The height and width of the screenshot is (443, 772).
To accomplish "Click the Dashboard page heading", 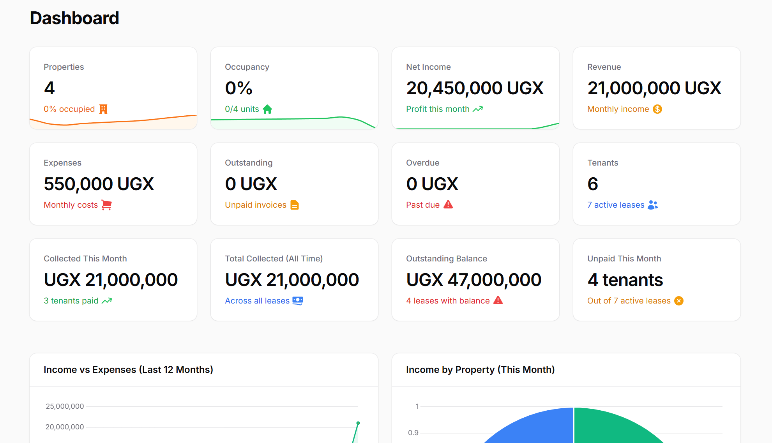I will (x=74, y=18).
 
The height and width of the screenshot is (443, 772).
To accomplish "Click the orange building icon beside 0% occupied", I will (x=103, y=109).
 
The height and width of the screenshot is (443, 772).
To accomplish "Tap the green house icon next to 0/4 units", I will (x=267, y=109).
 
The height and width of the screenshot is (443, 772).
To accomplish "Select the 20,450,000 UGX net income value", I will (x=475, y=88).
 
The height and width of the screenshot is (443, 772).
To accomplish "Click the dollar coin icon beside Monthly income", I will (x=657, y=109).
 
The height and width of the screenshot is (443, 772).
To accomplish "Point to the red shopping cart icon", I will (x=106, y=205).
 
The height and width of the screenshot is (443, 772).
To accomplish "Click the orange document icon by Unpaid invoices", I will (x=295, y=205).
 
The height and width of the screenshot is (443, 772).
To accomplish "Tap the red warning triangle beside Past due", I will (x=448, y=205).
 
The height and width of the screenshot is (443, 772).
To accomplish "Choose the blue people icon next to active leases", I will (x=653, y=205).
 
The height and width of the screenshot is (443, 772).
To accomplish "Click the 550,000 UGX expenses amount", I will (x=99, y=184).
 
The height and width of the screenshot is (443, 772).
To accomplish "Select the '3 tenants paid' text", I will (x=71, y=301).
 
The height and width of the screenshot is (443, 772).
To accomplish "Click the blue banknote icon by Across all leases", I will (x=298, y=301).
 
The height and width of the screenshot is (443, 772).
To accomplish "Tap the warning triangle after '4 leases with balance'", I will (x=498, y=300).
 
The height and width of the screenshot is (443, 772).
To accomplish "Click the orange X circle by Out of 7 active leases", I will (x=679, y=301).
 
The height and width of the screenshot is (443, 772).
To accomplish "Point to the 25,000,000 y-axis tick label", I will (x=65, y=406).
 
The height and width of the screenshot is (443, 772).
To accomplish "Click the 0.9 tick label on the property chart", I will (x=413, y=433).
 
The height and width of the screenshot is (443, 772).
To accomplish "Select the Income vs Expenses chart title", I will (x=128, y=370).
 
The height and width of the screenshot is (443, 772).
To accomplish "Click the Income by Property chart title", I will (x=480, y=370).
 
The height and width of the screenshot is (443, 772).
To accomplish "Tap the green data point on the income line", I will (x=358, y=423).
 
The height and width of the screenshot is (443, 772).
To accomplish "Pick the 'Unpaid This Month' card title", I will (x=624, y=259).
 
